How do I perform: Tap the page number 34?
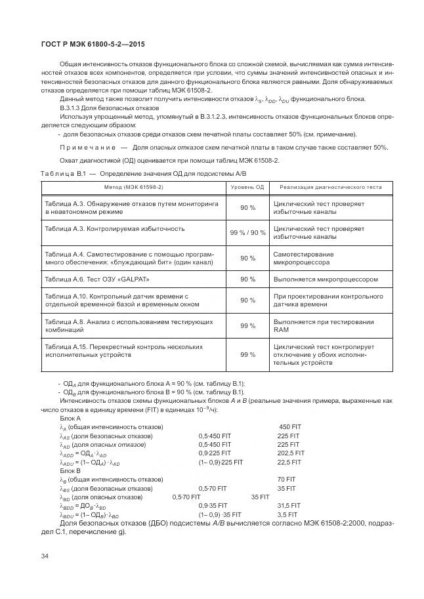45,556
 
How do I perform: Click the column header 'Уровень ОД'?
247,187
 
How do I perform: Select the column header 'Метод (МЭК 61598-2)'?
133,187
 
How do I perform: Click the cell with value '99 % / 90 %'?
247,233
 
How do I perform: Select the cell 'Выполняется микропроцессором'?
326,279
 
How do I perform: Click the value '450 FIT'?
289,426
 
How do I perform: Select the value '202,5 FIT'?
291,453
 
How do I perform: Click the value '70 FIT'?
287,479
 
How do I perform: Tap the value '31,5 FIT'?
289,506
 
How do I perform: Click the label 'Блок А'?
70,418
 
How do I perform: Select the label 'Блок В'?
70,470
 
